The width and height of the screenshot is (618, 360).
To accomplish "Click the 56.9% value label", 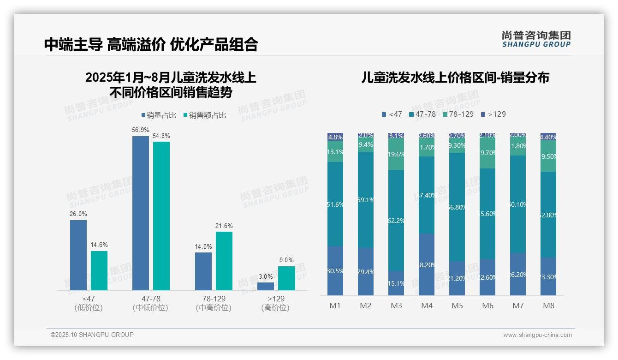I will [x=141, y=130].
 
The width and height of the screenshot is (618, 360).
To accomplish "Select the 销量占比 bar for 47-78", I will [x=141, y=213].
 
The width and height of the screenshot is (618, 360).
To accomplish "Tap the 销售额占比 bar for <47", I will [x=99, y=270].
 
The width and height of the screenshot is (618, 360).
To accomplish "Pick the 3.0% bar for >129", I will [x=266, y=286].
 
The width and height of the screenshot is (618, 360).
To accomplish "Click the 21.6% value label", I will [x=224, y=226].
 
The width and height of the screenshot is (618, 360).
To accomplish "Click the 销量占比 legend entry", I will [x=159, y=115].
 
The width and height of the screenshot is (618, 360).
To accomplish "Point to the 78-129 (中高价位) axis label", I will [x=214, y=303].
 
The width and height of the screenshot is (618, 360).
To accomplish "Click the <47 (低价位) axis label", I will [x=89, y=303].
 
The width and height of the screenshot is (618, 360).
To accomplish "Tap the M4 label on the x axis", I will [x=427, y=306].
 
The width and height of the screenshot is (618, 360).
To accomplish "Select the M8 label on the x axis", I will [x=548, y=306].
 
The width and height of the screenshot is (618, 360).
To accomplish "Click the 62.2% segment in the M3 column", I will [x=396, y=220].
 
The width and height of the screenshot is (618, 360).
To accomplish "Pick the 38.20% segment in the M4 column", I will [x=427, y=264].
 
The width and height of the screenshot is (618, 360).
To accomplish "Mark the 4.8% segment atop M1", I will [x=335, y=137].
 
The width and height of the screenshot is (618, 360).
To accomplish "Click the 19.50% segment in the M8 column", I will [x=548, y=156].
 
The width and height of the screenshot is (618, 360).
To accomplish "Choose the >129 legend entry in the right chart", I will [x=493, y=114].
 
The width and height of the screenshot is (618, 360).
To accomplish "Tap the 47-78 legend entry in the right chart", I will [x=422, y=114].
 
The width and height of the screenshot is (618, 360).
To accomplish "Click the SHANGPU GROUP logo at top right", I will [x=536, y=39].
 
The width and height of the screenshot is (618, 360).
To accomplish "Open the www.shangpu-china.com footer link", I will [x=537, y=335].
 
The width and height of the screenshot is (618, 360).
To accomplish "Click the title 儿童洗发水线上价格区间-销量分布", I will [x=455, y=78].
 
